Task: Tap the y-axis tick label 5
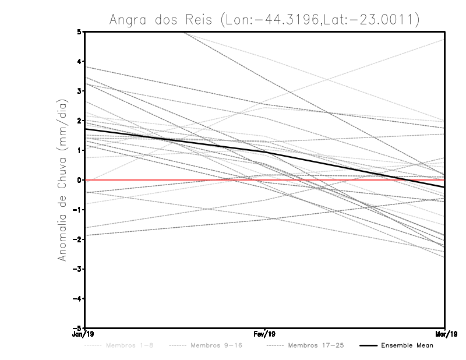pyautogui.click(x=79, y=31)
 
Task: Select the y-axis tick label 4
pyautogui.click(x=79, y=61)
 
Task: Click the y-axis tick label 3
pyautogui.click(x=79, y=91)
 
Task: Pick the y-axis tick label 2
pyautogui.click(x=79, y=121)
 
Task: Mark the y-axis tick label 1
pyautogui.click(x=79, y=150)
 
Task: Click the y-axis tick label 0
pyautogui.click(x=79, y=179)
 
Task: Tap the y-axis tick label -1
pyautogui.click(x=77, y=209)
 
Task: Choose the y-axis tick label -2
pyautogui.click(x=77, y=239)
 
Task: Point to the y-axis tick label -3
pyautogui.click(x=77, y=269)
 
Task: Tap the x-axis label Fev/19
pyautogui.click(x=264, y=334)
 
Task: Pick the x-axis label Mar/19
pyautogui.click(x=444, y=334)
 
